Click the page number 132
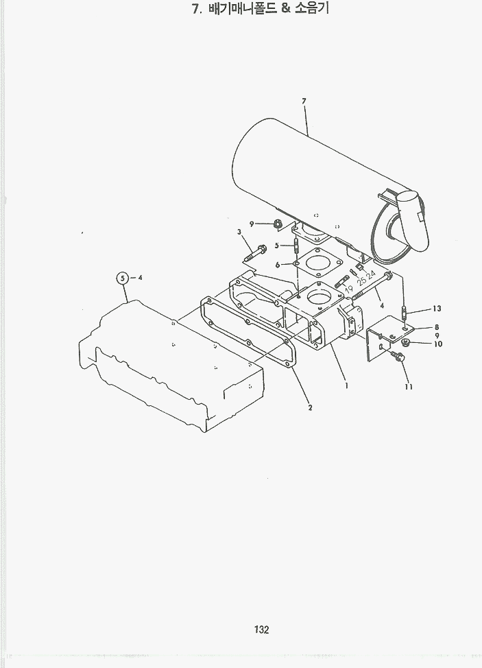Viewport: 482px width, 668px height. (261, 630)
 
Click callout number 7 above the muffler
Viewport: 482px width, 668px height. (304, 101)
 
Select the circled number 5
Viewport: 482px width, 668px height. (123, 278)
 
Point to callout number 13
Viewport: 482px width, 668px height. (437, 309)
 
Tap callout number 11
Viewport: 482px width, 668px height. (409, 387)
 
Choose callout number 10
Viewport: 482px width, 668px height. (438, 344)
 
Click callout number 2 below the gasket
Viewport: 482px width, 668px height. (310, 407)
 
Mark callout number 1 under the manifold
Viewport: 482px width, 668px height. (347, 386)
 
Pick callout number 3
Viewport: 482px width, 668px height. (239, 232)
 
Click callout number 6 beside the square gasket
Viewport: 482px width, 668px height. (278, 265)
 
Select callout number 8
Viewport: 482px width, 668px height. (437, 327)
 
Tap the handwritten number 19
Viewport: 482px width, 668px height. (349, 289)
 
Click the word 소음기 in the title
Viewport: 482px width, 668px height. (312, 8)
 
